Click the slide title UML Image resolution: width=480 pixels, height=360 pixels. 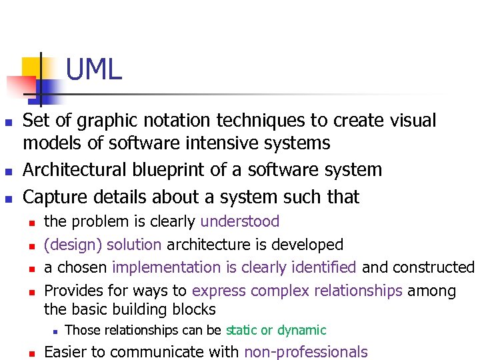pos(94,69)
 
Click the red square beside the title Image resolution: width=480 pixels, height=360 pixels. pos(20,86)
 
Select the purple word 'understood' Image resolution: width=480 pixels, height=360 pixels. pos(240,221)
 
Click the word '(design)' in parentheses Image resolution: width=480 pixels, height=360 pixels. pos(67,245)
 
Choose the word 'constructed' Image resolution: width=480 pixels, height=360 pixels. pos(433,267)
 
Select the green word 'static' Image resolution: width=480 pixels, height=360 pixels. pos(241,330)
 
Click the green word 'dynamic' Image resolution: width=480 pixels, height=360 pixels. pos(302,330)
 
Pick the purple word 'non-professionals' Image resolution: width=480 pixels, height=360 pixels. pos(306,352)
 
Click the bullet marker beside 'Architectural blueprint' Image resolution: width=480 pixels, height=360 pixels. pos(9,171)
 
